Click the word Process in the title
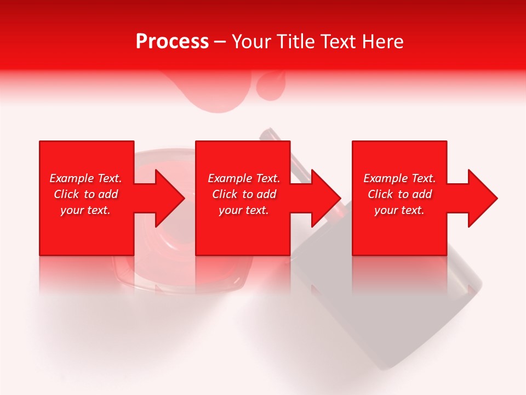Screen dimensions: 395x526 172,42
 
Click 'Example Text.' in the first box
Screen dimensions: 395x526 85,178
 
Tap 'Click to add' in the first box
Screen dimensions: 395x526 85,194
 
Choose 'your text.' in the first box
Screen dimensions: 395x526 85,210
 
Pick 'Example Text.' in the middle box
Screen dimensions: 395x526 244,178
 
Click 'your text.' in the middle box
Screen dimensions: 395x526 244,210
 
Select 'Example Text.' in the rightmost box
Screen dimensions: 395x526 399,178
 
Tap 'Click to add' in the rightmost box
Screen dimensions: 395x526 399,194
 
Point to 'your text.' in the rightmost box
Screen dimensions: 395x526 399,210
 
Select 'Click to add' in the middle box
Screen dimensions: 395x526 244,194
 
